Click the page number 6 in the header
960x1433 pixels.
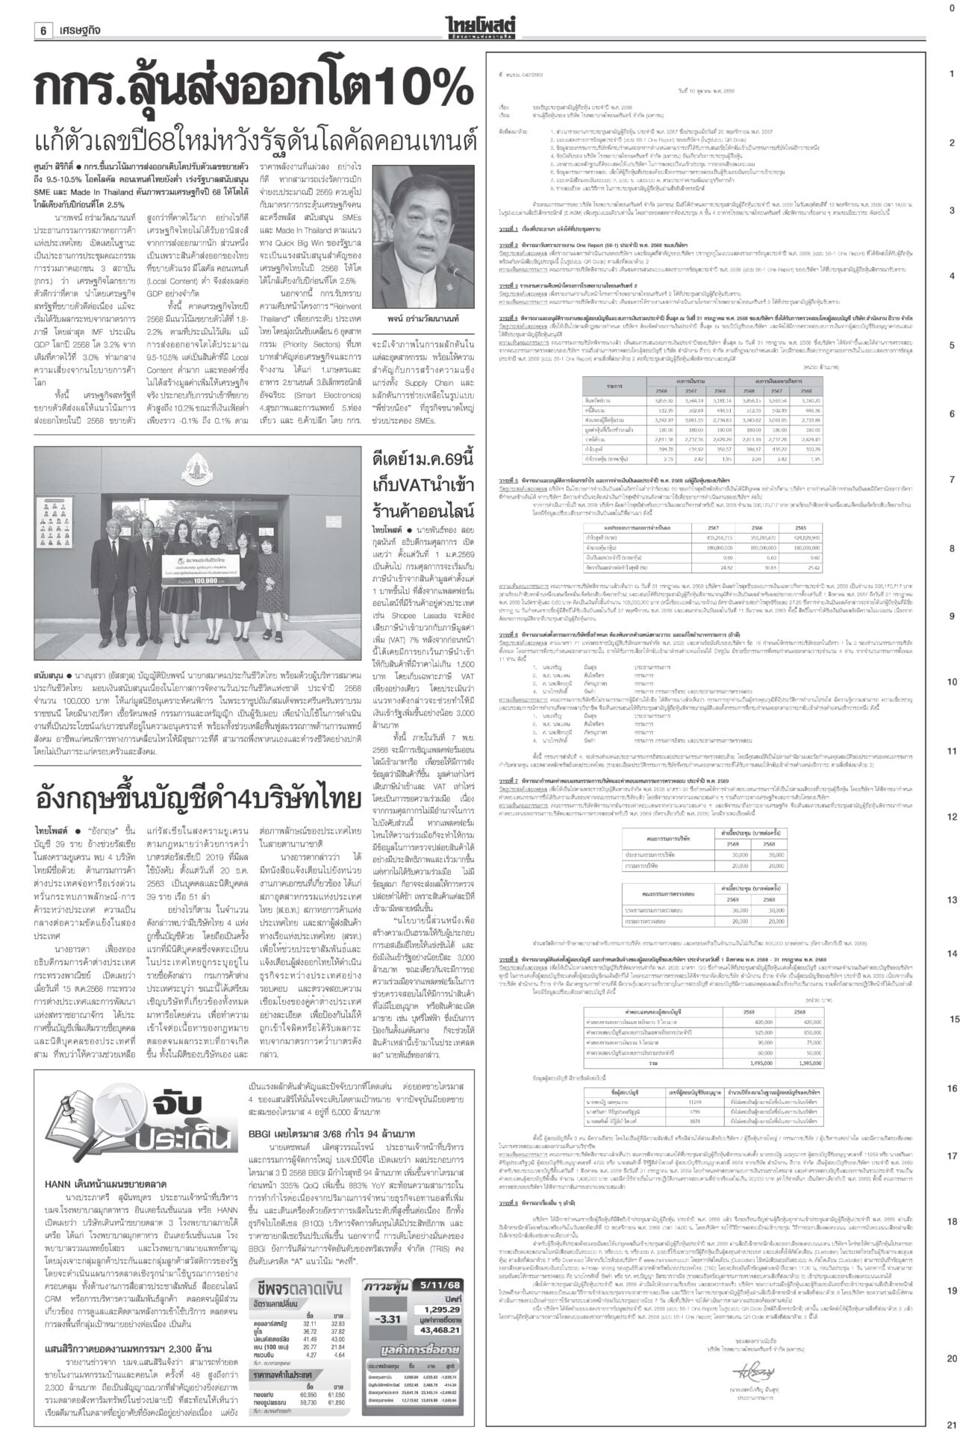[x=44, y=10]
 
